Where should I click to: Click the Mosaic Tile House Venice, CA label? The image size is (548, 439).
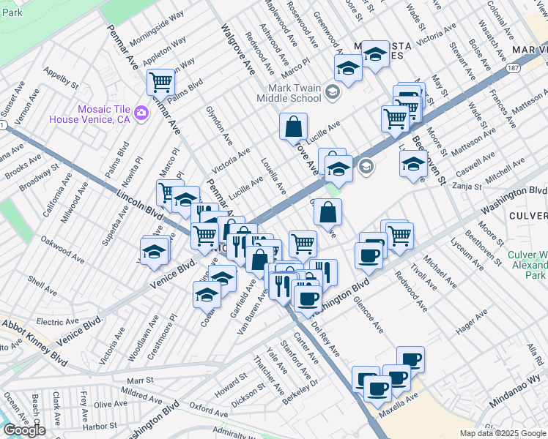(x=90, y=113)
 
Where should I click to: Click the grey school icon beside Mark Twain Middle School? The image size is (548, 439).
(x=333, y=92)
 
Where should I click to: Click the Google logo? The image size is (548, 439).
(x=24, y=430)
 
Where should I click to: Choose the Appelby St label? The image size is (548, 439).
(x=61, y=79)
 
